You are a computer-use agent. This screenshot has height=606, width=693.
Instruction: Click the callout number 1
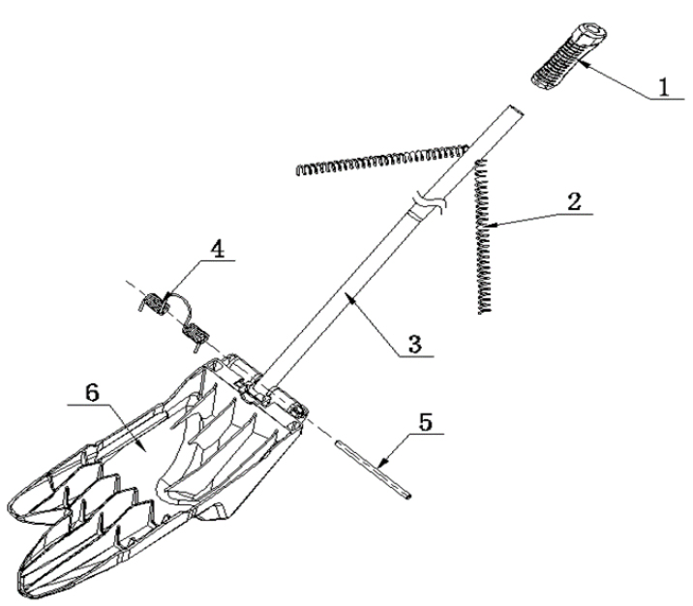click(x=664, y=87)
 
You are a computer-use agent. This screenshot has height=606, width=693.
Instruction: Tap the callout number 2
click(x=574, y=202)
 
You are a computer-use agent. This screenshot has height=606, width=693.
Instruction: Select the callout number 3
click(x=414, y=344)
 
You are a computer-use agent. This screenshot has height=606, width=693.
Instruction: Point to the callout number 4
click(x=217, y=250)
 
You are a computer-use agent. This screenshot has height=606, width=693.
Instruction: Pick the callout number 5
click(x=425, y=422)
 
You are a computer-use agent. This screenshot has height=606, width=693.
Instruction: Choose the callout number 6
click(x=92, y=392)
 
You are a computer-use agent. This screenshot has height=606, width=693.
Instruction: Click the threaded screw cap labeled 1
click(x=569, y=57)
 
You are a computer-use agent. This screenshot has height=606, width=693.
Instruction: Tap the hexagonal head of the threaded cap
click(x=590, y=35)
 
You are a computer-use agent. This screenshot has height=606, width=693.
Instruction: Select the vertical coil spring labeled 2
click(x=484, y=236)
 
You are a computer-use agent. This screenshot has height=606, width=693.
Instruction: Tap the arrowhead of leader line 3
click(x=351, y=298)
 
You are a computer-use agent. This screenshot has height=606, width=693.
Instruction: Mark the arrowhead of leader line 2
click(x=489, y=226)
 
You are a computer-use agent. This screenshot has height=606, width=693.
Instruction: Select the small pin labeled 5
click(x=372, y=470)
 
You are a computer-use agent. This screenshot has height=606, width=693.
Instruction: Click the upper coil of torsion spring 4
click(x=153, y=304)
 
